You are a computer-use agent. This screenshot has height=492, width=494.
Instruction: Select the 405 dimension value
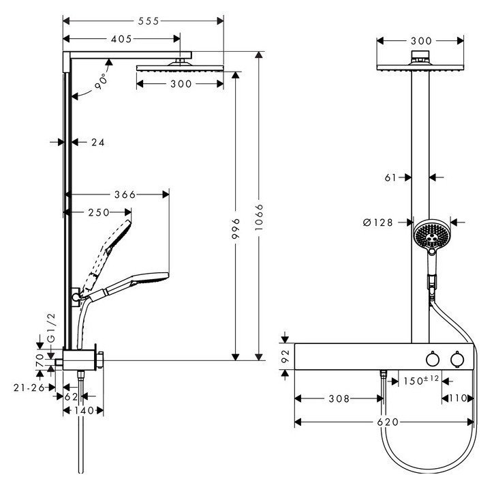tap(121, 40)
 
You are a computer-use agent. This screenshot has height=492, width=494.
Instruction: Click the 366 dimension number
tap(125, 194)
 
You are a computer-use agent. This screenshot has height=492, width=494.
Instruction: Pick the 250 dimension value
tap(99, 212)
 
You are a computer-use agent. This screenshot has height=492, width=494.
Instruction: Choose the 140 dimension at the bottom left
tap(82, 411)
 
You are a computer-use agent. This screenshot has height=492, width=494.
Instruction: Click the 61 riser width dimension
tap(390, 177)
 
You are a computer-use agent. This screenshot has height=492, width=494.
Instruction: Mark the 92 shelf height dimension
tap(286, 355)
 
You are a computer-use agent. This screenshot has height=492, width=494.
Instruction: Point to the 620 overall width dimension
tap(386, 422)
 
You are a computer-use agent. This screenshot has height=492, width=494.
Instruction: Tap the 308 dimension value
tap(338, 399)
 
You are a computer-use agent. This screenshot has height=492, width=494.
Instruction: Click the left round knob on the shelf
tap(431, 359)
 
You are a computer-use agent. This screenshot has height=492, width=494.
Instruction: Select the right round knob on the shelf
tap(454, 359)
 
